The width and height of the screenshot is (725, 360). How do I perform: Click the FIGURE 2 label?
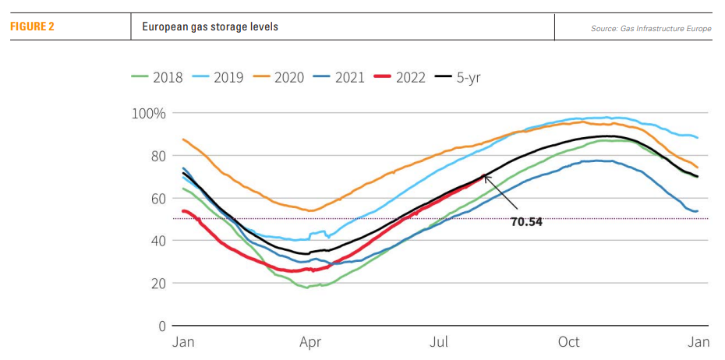coord(32,26)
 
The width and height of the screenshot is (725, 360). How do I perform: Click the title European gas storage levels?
coord(210,26)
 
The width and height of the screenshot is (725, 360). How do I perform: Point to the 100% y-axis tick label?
coord(148,114)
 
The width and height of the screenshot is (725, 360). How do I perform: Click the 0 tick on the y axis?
coord(161,326)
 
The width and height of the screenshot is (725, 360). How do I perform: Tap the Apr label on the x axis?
coord(310,342)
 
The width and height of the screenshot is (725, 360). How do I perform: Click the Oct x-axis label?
coord(568,342)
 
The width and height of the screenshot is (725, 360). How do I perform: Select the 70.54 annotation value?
coord(526,221)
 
